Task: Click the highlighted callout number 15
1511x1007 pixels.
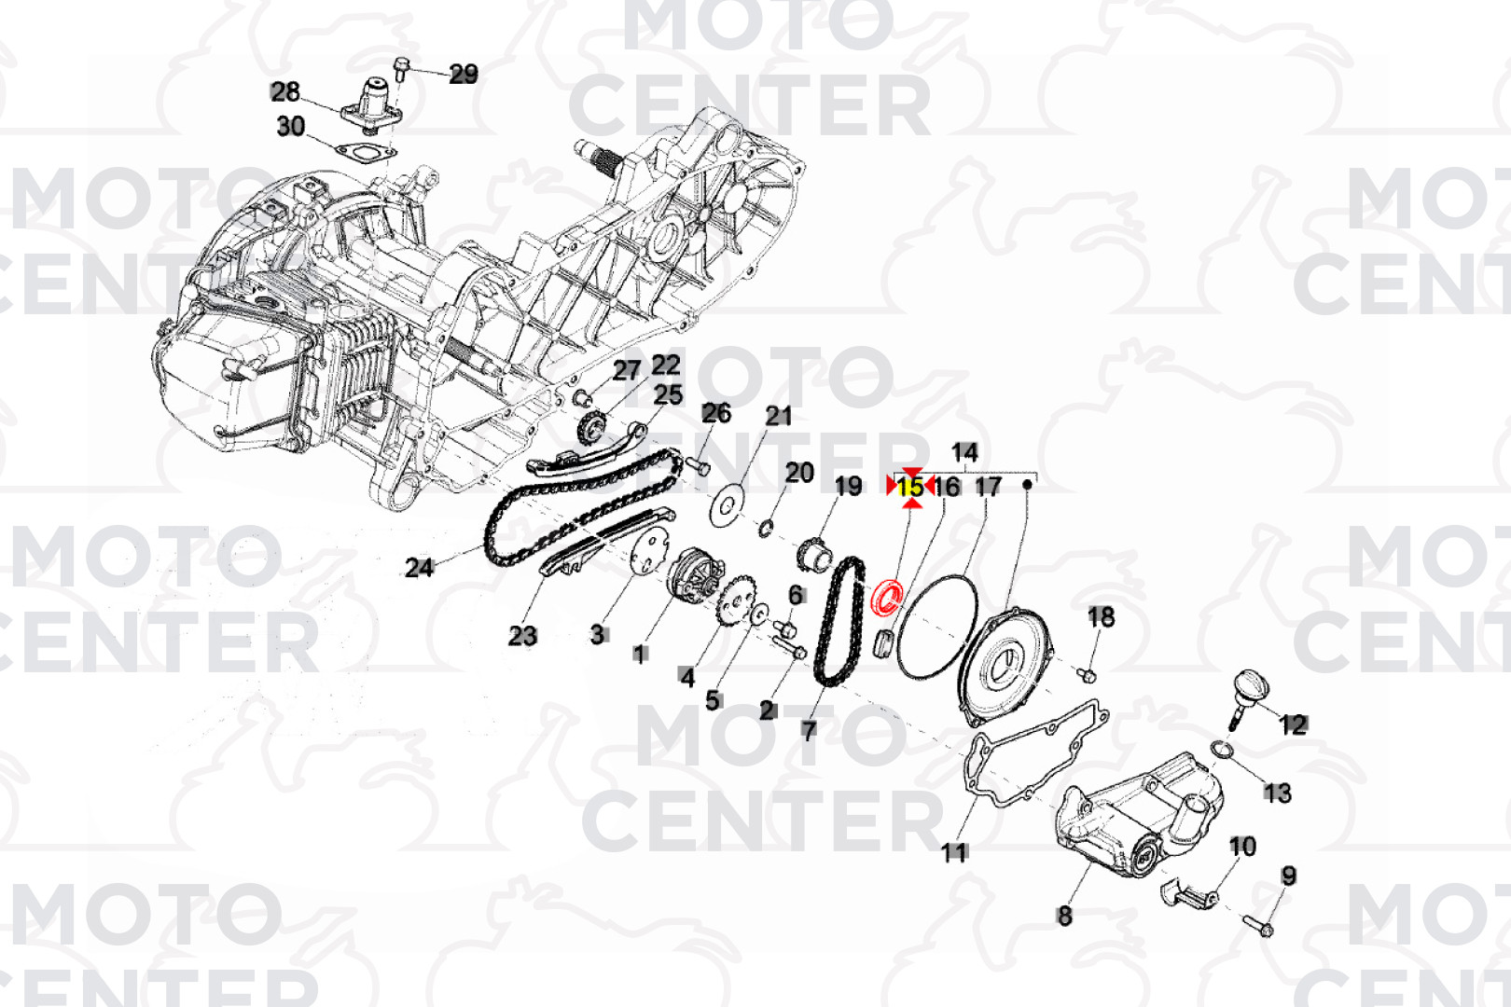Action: [910, 486]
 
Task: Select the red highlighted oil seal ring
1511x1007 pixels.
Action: [887, 597]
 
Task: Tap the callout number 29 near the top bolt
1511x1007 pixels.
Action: [464, 74]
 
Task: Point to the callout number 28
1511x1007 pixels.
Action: [285, 91]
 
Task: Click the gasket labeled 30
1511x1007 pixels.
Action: [365, 152]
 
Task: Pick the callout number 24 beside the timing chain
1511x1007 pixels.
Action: [419, 567]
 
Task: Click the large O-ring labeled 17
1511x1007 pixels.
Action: [936, 625]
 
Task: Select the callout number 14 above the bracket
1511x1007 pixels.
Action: [964, 452]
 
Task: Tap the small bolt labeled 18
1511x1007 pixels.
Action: [1087, 673]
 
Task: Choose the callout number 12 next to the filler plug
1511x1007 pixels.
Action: [1293, 724]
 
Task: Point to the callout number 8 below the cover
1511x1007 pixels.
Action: [1064, 916]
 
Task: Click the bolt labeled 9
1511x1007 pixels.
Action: [1258, 926]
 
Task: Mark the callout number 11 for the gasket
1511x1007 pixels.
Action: [953, 851]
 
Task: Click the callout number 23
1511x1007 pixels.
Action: [522, 636]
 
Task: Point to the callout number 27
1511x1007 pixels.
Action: [627, 370]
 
